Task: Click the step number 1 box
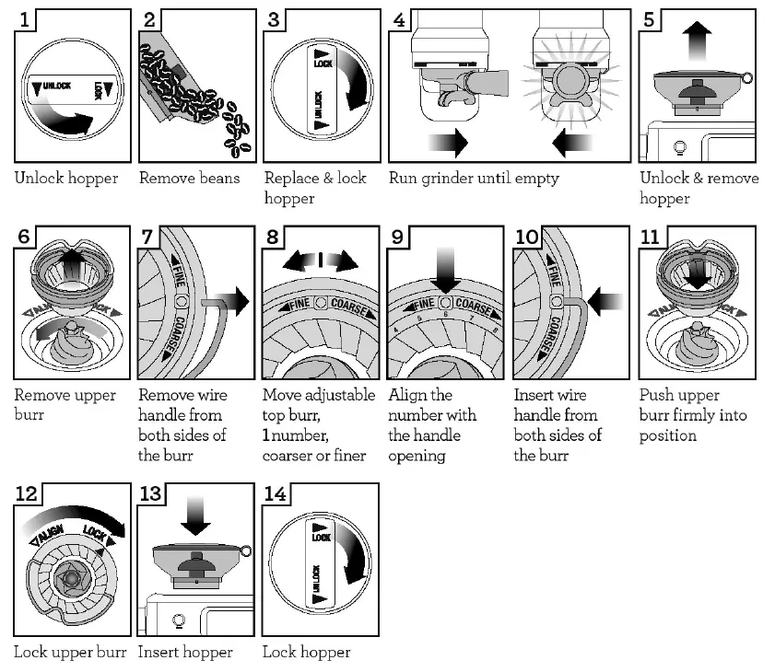[24, 20]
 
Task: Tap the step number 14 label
[275, 493]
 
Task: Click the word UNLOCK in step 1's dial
[57, 86]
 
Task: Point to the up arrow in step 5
[697, 41]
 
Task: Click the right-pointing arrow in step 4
[448, 143]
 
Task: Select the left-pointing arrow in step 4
[572, 143]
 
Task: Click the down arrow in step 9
[445, 270]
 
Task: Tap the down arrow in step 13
[195, 516]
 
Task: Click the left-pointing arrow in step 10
[605, 301]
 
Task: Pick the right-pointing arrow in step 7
[232, 301]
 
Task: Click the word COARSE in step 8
[349, 307]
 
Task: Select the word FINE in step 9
[424, 304]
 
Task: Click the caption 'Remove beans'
[189, 178]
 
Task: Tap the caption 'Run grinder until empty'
[474, 179]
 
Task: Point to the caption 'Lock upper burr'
[70, 653]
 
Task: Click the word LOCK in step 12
[94, 533]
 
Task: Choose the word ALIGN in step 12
[51, 534]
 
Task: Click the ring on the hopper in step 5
[746, 78]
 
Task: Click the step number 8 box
[273, 237]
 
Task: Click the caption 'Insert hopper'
[185, 653]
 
